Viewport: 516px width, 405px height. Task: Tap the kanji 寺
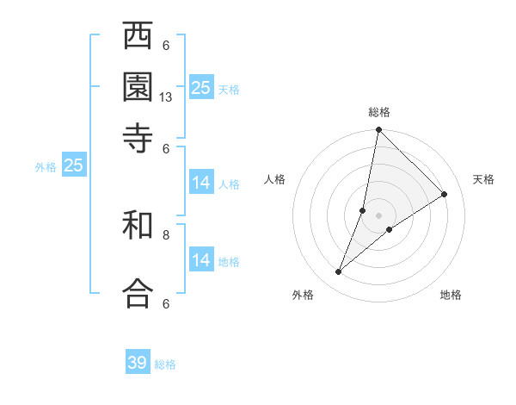[138, 137]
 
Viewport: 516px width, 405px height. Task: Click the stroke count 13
[166, 97]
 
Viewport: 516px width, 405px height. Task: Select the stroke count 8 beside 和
[166, 234]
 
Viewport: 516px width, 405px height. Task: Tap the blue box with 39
[138, 363]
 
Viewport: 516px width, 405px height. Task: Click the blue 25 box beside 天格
[201, 87]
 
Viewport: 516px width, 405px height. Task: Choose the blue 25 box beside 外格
[74, 165]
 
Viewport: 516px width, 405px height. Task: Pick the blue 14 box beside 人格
[201, 183]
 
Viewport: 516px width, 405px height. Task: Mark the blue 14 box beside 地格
[201, 260]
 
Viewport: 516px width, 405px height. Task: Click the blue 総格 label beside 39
[165, 364]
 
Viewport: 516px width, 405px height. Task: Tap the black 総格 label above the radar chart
[379, 112]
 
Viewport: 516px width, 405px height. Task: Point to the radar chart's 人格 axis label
[275, 179]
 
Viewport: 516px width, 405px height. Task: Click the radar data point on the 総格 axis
[379, 130]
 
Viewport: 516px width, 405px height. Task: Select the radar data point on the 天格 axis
[445, 195]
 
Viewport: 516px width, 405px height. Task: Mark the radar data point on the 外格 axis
[339, 272]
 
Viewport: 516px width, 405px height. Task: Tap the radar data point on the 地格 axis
[390, 229]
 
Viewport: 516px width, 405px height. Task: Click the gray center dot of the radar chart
[379, 215]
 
